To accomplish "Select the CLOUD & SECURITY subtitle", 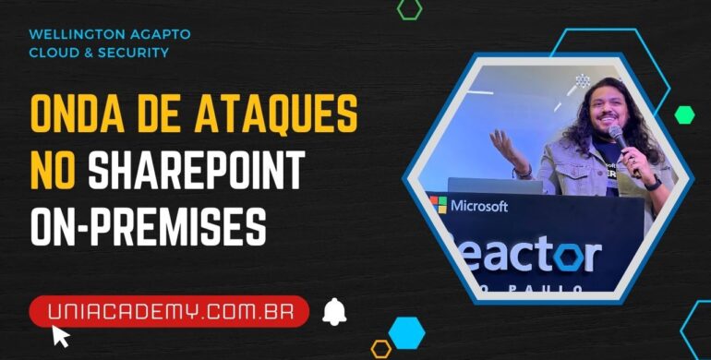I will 99,53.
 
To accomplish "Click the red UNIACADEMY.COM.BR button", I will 169,312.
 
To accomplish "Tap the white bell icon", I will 334,312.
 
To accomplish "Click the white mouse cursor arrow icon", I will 60,335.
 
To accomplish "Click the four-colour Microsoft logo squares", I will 437,205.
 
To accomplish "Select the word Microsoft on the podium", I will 478,206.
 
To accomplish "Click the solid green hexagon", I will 684,114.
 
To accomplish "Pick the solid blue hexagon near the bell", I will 406,331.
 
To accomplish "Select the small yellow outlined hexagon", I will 381,349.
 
